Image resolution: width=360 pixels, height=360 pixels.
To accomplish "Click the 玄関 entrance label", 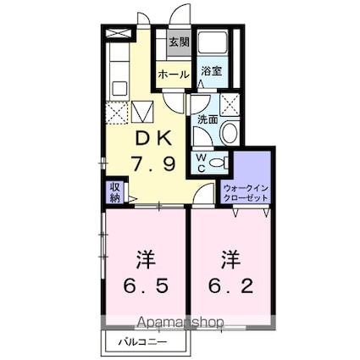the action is tap(179, 42).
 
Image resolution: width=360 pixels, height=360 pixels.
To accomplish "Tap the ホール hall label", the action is tap(174, 75).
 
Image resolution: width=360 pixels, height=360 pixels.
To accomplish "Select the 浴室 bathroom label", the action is tap(212, 71).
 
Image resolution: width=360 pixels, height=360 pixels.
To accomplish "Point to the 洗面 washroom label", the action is tap(208, 120).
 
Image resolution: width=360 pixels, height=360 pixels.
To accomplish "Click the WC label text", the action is tap(202, 162).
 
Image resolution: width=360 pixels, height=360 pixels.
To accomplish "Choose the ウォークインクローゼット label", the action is tap(245, 192).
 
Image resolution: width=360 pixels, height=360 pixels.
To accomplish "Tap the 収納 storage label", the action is tap(115, 192).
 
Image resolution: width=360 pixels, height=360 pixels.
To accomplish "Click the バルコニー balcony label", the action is tap(142, 342).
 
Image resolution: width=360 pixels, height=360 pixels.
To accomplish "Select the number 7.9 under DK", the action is tap(153, 164).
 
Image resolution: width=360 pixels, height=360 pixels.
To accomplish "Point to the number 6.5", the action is tap(146, 285).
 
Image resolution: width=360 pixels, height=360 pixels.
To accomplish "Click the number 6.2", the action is tap(230, 285).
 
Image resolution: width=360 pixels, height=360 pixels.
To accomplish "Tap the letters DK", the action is tap(153, 139).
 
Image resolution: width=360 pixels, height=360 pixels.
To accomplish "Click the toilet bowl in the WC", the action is tap(219, 163).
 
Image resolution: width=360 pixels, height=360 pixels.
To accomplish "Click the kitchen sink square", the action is tap(120, 88).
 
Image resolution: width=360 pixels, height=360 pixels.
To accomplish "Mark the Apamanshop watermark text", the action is tap(181, 322).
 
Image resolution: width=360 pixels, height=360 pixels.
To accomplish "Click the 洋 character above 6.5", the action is tap(146, 259).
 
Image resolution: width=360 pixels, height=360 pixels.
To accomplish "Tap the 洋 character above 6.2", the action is tap(230, 259).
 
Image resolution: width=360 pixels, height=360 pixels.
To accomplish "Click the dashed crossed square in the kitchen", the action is tap(117, 113).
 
